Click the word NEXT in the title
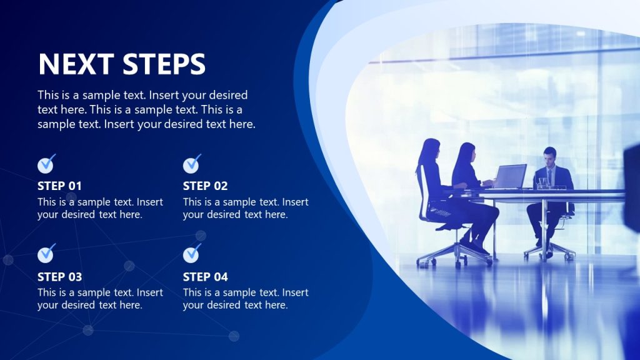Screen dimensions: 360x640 tap(76, 64)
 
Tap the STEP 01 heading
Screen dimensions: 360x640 tap(59, 186)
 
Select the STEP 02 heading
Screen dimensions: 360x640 tap(205, 186)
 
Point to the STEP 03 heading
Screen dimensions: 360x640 tap(59, 276)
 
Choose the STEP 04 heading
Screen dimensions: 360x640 tap(205, 276)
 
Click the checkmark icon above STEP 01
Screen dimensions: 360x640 tap(46, 164)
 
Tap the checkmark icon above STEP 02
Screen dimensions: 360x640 tap(192, 164)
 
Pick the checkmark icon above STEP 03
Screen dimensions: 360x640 tap(46, 254)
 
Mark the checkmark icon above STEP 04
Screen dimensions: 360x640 tap(192, 254)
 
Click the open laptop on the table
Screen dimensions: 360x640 tap(510, 176)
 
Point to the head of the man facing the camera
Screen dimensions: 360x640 tap(549, 155)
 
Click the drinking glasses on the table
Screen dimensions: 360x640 tap(542, 182)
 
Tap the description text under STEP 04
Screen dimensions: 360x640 tap(245, 299)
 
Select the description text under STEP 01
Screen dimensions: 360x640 tap(100, 208)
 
